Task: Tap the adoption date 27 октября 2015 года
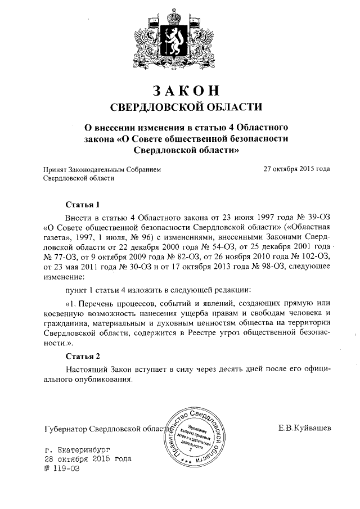tap(296, 168)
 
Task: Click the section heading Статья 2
tap(83, 357)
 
